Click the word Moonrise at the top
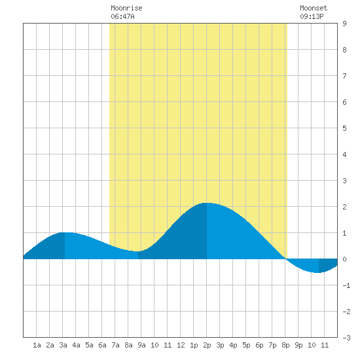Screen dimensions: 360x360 [126, 8]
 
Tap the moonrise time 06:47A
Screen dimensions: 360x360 [122, 16]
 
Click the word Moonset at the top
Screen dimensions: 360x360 [314, 8]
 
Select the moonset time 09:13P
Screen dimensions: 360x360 [312, 16]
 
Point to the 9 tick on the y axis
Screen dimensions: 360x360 [344, 24]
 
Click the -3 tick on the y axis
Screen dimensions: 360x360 [346, 338]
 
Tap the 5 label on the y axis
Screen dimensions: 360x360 [344, 128]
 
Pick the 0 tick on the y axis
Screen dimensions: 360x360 [344, 259]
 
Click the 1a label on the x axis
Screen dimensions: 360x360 [37, 345]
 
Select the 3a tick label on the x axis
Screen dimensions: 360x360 [63, 345]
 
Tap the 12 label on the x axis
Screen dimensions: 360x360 [181, 345]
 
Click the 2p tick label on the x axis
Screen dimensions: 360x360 [207, 345]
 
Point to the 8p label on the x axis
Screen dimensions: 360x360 [285, 345]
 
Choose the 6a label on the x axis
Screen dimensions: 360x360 [102, 345]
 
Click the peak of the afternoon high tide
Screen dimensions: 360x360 [207, 203]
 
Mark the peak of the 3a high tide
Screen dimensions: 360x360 [65, 232]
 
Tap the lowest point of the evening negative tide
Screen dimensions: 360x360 [318, 272]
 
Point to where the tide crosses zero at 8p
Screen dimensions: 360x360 [286, 259]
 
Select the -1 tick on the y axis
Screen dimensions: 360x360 [346, 285]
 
